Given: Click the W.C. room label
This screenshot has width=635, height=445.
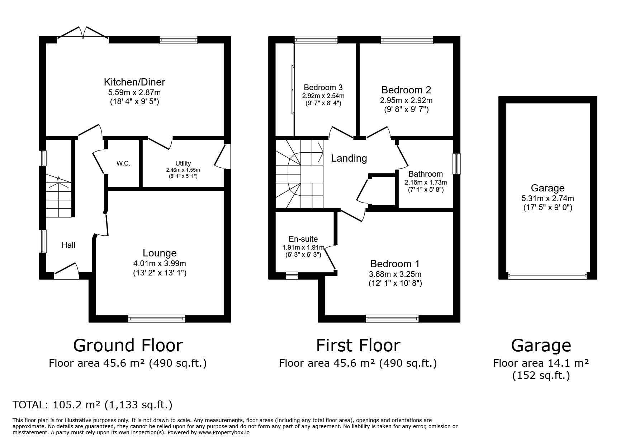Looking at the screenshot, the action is pos(123,163).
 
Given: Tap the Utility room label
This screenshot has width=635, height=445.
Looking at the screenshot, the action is pos(183,163).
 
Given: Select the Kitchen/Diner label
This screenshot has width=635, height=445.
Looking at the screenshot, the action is pos(134,82).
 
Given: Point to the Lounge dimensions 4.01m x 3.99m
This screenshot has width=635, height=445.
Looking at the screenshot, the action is pos(160,264).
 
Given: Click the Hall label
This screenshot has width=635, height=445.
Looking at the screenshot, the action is pos(68,245).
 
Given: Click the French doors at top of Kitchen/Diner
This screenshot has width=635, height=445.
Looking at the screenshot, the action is pos(83,32).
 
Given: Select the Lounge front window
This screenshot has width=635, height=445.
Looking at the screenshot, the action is pos(157,319).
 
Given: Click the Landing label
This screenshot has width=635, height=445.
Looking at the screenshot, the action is pos(349,158).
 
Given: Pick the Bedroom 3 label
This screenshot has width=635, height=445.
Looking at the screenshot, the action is pos(323,87).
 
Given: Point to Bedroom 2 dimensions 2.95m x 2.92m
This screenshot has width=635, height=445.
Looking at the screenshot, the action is pos(406,101).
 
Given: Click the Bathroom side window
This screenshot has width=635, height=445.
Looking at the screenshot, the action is pos(456,164).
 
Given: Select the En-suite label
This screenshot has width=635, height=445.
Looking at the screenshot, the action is pos(303,239).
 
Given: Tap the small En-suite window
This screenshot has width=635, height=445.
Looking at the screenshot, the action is pos(292,275).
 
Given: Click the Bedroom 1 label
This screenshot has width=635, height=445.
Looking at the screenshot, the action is pos(395,264).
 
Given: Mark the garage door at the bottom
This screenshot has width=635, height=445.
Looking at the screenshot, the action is pos(548,277).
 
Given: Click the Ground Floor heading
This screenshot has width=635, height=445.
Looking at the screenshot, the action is pos(128,346).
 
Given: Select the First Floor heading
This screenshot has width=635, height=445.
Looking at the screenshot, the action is pos(358,346).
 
